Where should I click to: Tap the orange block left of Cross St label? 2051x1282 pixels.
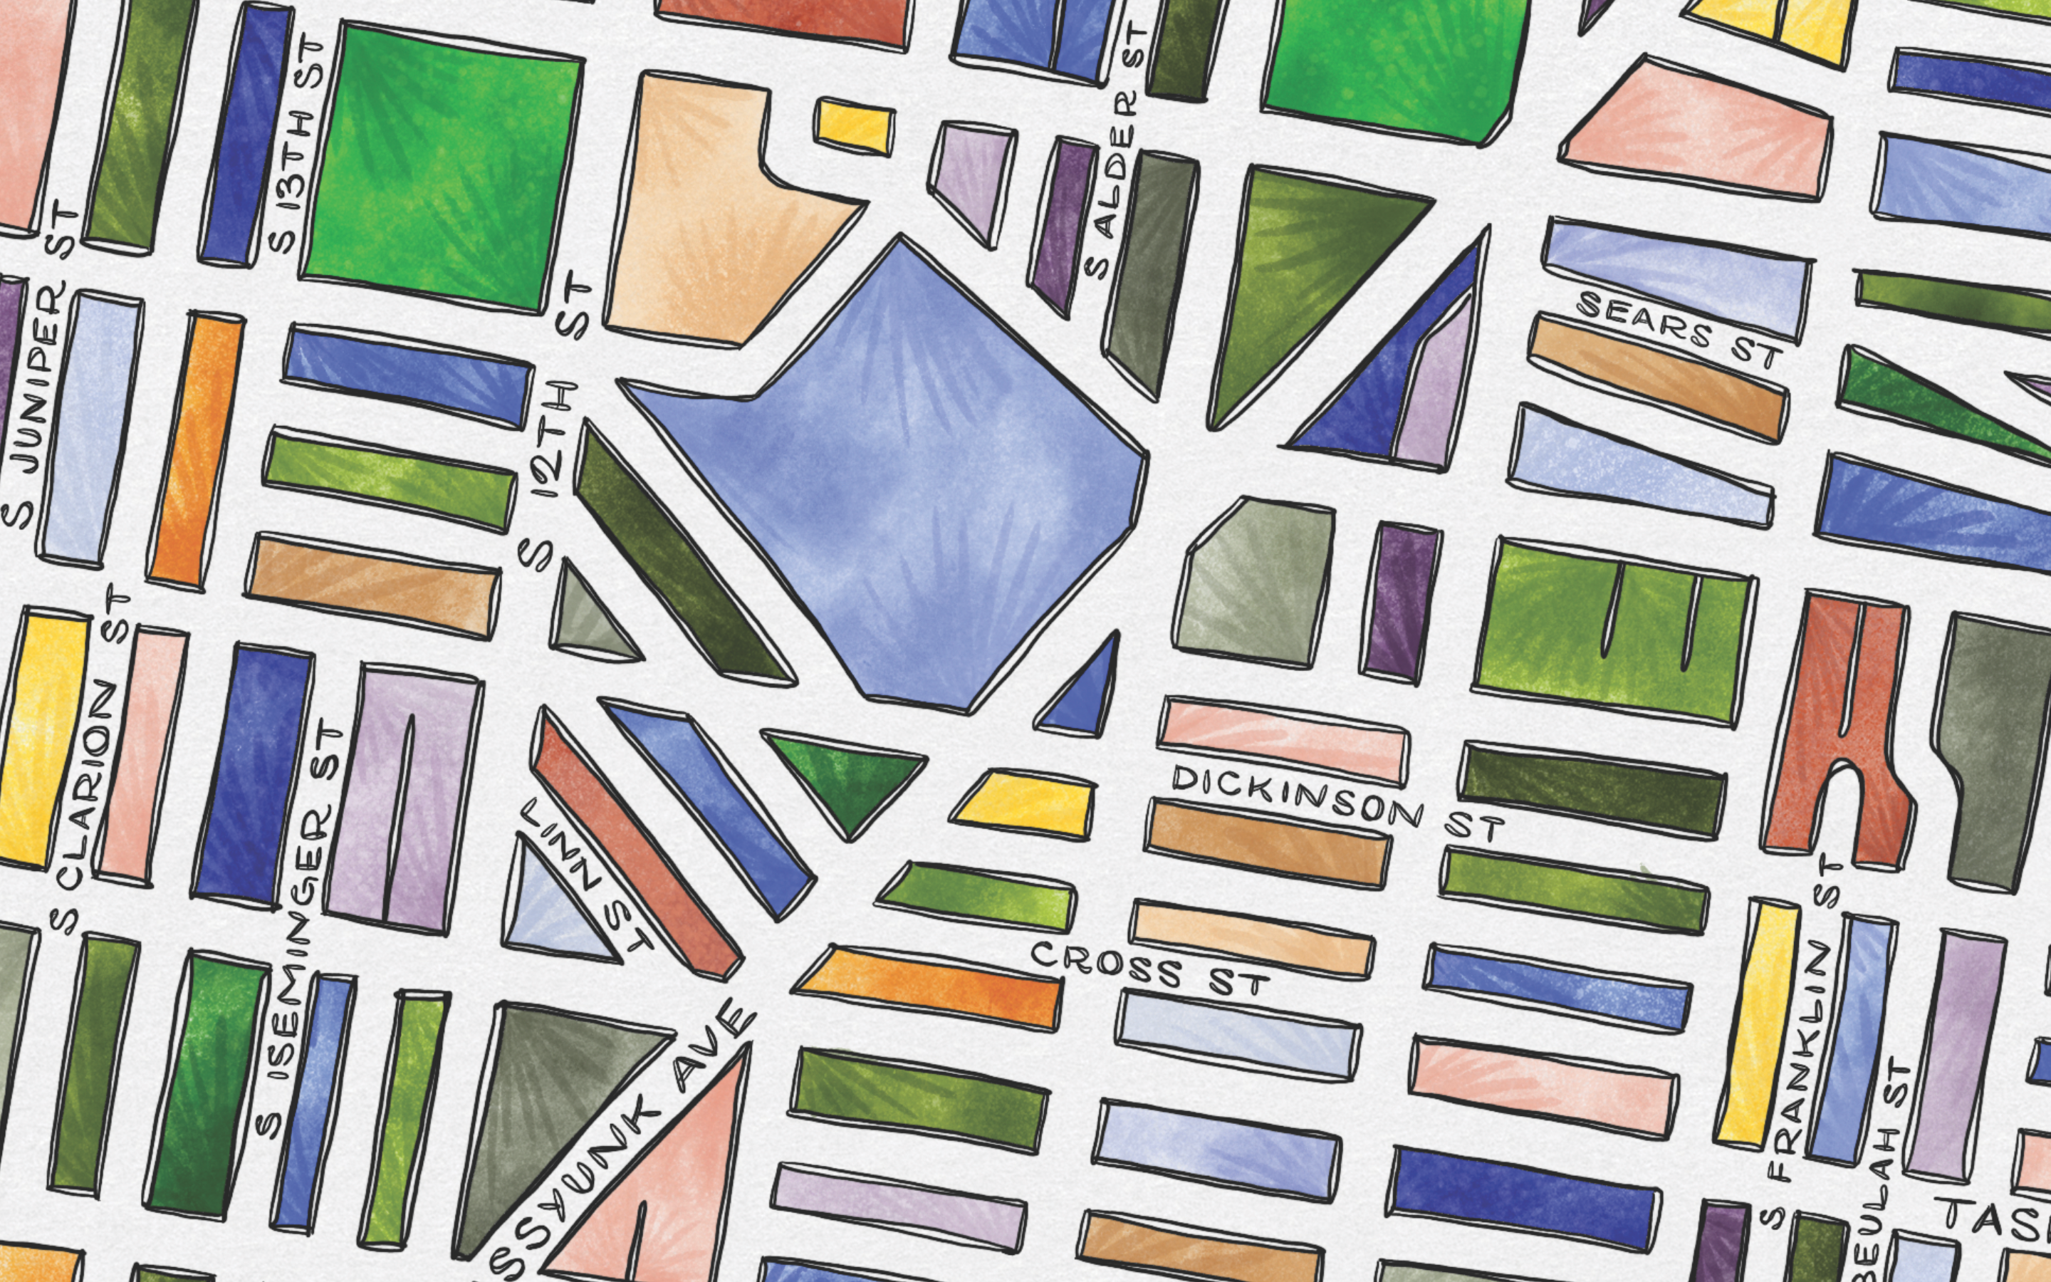(928, 986)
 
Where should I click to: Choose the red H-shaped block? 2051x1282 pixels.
(1835, 729)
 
